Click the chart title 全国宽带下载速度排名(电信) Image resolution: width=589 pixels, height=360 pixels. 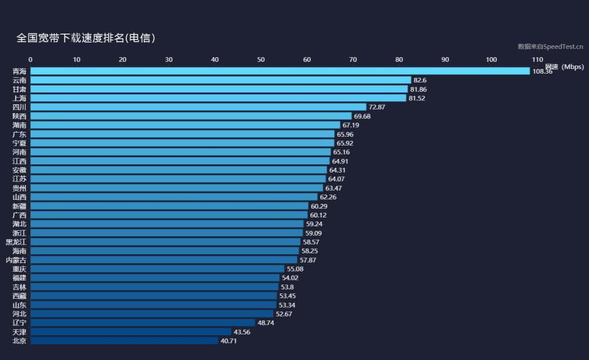(x=86, y=38)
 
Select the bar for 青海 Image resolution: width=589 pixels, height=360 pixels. (x=280, y=71)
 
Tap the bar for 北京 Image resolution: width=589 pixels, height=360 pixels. (x=124, y=341)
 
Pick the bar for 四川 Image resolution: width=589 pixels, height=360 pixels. (x=198, y=107)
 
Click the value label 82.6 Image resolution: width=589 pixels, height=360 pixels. (x=420, y=80)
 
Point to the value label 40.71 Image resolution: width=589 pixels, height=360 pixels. (x=229, y=341)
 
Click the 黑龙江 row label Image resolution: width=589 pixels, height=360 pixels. (x=16, y=242)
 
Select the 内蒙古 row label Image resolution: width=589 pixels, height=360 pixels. (x=16, y=260)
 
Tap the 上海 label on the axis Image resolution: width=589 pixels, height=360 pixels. (x=19, y=98)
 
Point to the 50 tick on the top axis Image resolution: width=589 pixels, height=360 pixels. (x=261, y=60)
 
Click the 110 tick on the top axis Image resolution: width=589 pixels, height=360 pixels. (x=537, y=60)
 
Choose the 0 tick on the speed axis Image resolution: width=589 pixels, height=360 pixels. (x=31, y=60)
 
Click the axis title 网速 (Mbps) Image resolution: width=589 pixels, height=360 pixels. (x=564, y=67)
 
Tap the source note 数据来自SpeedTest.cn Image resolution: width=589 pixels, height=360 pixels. (x=550, y=47)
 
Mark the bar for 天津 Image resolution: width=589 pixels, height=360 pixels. (x=131, y=332)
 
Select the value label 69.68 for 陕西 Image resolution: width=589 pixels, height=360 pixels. (x=362, y=116)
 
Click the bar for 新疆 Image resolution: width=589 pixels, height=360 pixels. (x=169, y=206)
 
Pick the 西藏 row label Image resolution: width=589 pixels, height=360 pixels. (x=19, y=296)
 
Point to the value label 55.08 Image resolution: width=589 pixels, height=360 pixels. (x=295, y=269)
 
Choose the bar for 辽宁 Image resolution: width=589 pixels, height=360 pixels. (x=143, y=323)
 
